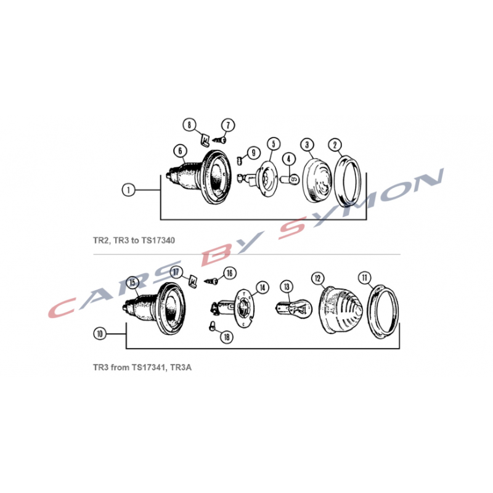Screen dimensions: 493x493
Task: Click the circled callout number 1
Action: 128,190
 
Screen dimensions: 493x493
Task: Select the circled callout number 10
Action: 100,333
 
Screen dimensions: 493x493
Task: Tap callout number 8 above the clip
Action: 189,125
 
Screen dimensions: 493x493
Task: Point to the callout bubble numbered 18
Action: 226,337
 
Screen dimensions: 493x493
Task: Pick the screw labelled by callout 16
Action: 211,281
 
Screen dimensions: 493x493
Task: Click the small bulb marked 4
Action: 289,180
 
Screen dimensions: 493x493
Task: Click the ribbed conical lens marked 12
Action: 341,310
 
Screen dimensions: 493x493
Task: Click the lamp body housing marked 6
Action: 199,177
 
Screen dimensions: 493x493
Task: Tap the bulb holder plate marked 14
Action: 233,308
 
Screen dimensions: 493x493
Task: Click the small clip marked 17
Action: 193,282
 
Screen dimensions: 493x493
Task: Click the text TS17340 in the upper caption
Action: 158,240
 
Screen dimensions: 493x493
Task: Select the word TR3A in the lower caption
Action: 181,367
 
